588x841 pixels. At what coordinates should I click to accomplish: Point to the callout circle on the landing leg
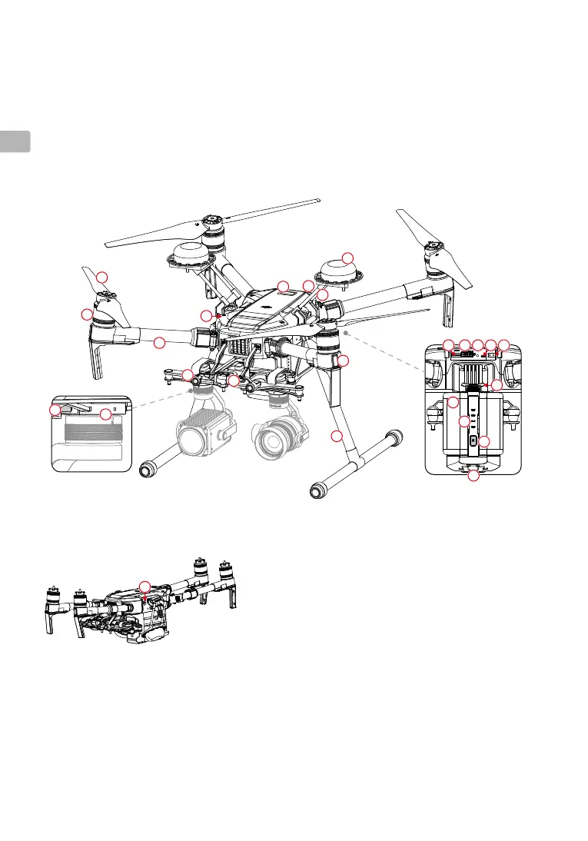(336, 437)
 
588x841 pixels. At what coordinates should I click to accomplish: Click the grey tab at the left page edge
(15, 141)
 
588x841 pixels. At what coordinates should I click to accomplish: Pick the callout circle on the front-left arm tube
(159, 343)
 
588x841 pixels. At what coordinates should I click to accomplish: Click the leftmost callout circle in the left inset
(55, 411)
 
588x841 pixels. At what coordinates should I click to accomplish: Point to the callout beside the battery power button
(484, 440)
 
